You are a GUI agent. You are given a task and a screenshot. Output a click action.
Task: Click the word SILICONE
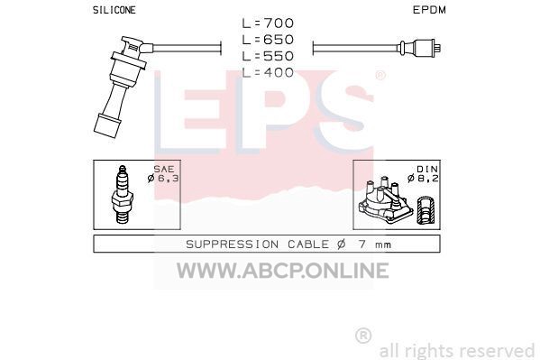point(114,10)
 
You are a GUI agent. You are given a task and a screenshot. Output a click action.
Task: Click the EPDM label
point(429,10)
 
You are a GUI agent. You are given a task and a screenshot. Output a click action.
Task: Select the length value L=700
point(268,23)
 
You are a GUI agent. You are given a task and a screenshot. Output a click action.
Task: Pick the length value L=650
point(268,40)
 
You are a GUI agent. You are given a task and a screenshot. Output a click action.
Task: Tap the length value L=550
point(268,56)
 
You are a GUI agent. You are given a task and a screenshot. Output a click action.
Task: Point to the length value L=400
point(268,73)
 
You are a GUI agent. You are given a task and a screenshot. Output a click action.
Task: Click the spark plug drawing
point(122,195)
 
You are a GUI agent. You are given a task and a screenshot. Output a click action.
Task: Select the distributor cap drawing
point(385,200)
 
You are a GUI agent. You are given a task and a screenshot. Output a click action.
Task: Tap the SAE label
point(164,170)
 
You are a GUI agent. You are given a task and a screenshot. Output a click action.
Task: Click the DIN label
point(427,170)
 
